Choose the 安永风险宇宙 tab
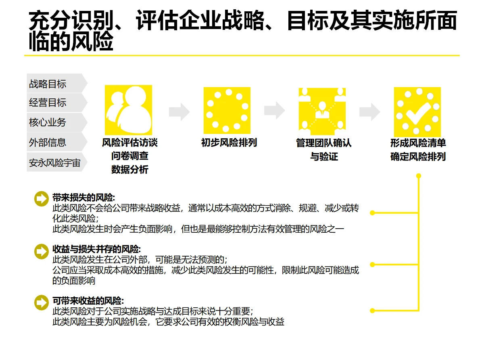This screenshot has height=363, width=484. point(54,162)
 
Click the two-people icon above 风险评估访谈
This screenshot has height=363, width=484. point(128,110)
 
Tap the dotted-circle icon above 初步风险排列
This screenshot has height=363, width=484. point(227,110)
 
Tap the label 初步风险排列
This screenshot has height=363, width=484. point(229,143)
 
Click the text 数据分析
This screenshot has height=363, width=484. point(130,169)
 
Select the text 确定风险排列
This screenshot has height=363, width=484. point(418,156)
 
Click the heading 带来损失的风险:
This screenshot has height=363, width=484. point(83,198)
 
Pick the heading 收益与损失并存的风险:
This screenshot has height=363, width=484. point(97,249)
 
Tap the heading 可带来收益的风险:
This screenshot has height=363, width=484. point(88,301)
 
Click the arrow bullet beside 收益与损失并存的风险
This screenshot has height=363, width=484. point(42,251)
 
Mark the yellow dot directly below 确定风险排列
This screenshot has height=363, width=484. point(419,176)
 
